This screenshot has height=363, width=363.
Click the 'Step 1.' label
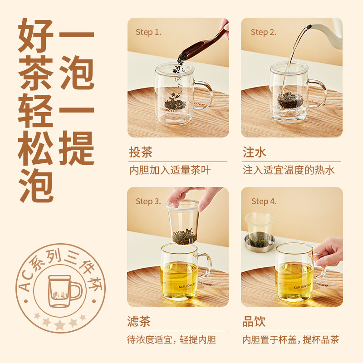[x=148, y=32]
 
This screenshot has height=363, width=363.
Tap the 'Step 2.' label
[x=264, y=32]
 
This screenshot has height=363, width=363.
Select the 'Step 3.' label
[x=148, y=201]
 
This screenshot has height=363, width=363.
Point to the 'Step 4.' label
[x=264, y=201]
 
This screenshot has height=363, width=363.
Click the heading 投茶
[x=141, y=152]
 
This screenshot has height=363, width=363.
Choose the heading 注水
[x=255, y=152]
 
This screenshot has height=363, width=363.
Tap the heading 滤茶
[x=139, y=321]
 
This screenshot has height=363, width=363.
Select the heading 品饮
[x=254, y=321]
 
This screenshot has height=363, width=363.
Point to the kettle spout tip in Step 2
[x=309, y=27]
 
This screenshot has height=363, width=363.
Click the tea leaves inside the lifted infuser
[x=185, y=236]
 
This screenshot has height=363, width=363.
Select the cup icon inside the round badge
[x=65, y=291]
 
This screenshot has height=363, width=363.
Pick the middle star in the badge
[x=60, y=324]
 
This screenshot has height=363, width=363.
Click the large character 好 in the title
[x=36, y=35]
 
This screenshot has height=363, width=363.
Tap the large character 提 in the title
[x=76, y=148]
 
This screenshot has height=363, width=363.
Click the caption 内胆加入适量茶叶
[x=170, y=170]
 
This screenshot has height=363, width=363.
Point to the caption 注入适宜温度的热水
[x=289, y=170]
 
